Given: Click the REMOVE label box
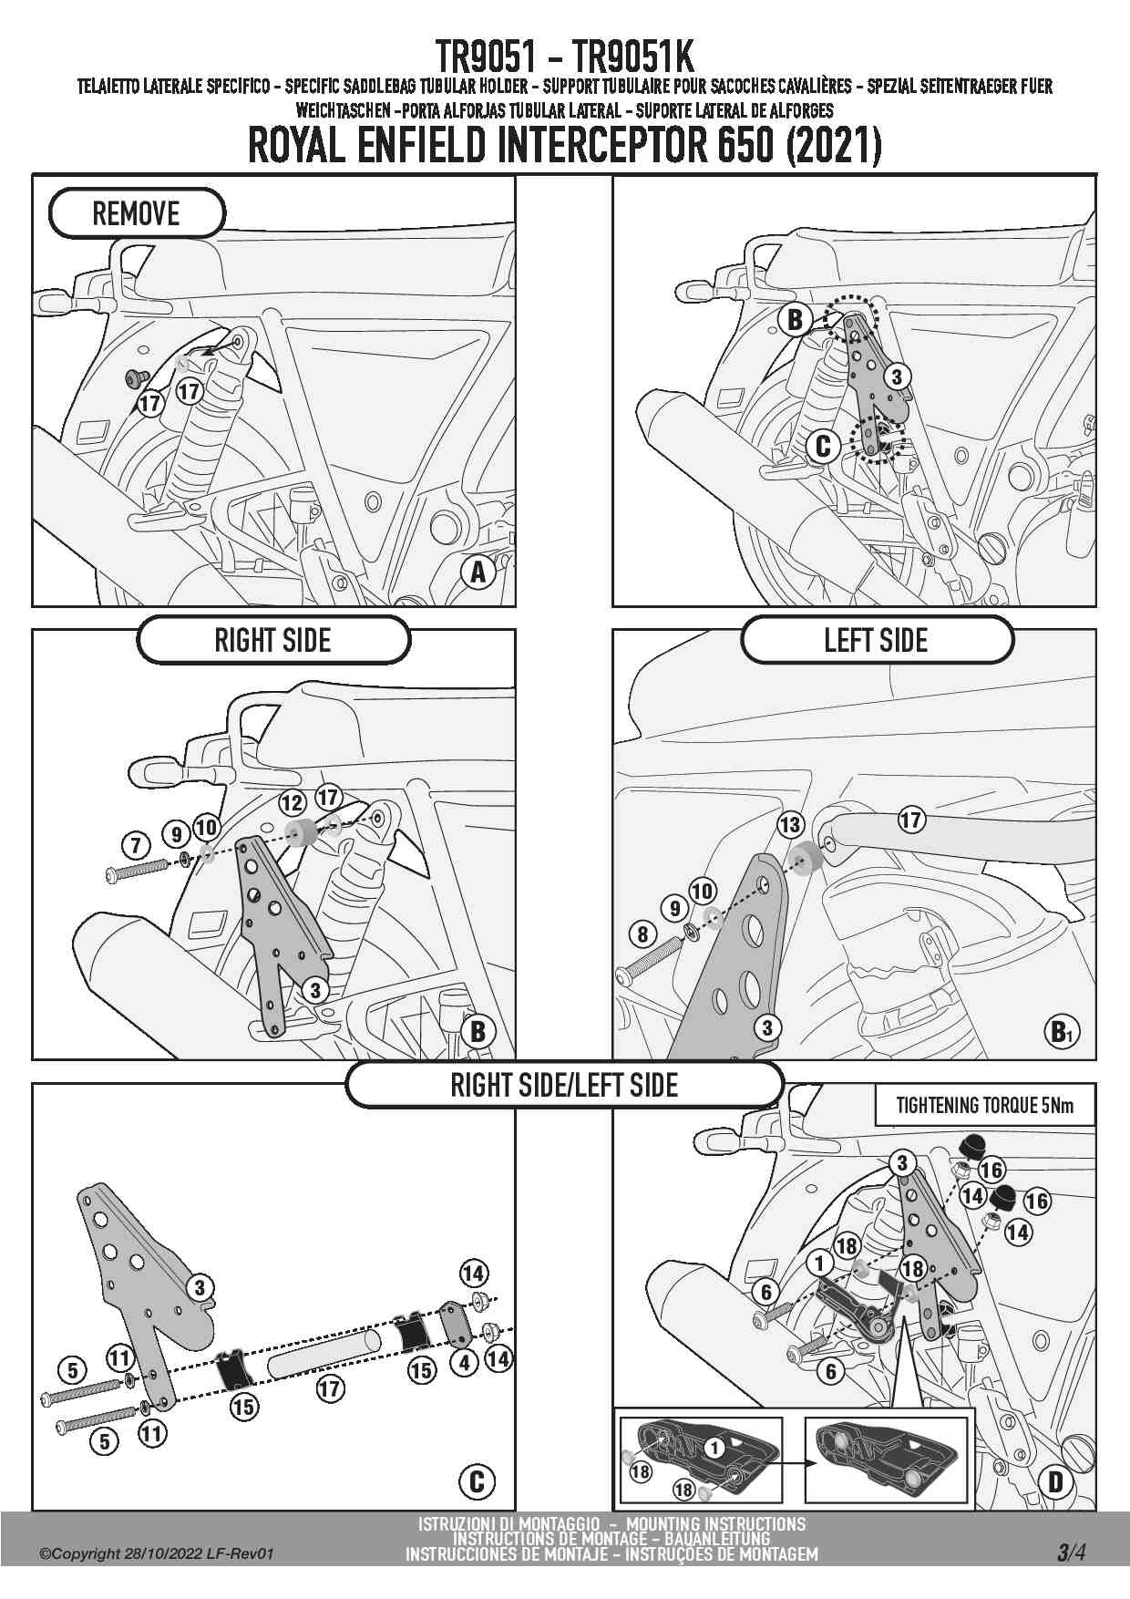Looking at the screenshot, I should click(136, 213).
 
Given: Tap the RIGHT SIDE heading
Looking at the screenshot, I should click(272, 640).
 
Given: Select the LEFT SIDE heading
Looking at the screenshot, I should click(876, 640).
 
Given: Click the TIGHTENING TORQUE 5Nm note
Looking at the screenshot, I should click(984, 1106).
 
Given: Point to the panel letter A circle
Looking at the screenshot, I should click(478, 572).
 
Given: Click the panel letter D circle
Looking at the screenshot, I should click(1055, 1481).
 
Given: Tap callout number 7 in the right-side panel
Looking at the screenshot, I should click(136, 845).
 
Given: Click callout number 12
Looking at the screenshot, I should click(292, 802).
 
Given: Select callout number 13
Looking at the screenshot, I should click(790, 825).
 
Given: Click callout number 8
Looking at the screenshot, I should click(643, 934).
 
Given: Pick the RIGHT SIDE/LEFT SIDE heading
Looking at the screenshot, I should click(564, 1085).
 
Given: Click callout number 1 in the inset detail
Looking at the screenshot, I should click(715, 1447).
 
